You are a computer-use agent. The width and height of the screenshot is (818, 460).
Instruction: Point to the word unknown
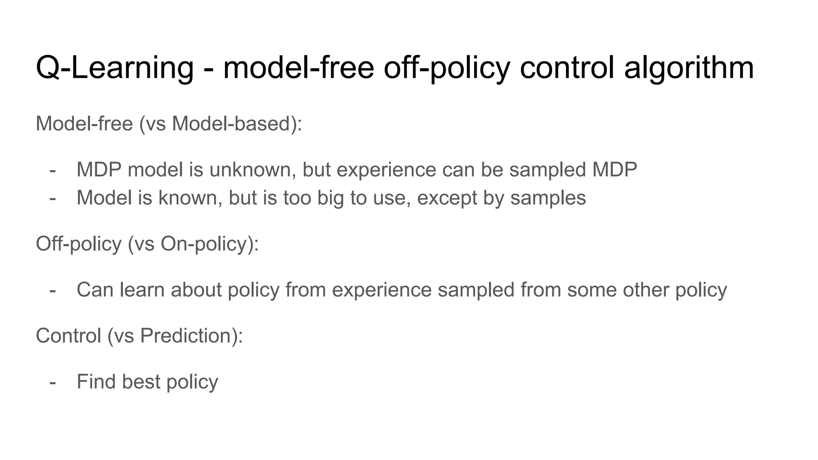point(252,170)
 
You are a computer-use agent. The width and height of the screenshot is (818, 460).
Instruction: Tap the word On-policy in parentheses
point(206,244)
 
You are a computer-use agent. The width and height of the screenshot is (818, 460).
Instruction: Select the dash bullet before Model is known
point(52,198)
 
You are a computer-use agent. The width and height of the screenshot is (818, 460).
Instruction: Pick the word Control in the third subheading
point(68,335)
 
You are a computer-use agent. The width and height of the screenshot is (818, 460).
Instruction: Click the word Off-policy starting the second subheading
point(79,244)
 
